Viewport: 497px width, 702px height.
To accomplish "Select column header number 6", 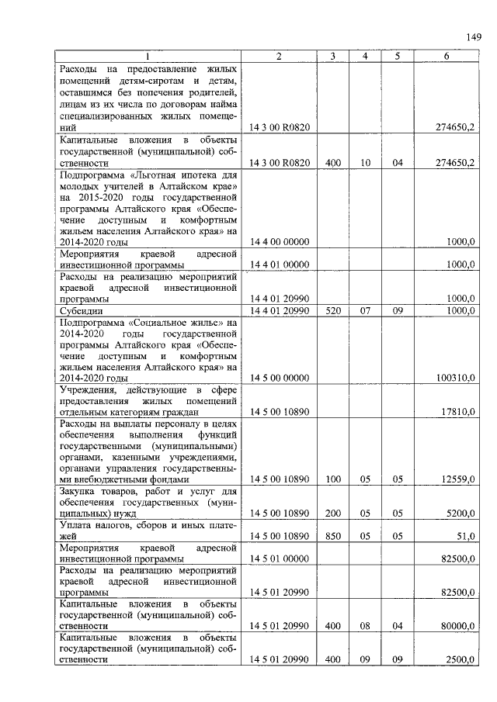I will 446,56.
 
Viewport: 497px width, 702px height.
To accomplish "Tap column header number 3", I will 332,56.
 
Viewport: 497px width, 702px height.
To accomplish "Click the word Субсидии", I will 80,310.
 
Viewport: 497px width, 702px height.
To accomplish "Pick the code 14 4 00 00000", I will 280,242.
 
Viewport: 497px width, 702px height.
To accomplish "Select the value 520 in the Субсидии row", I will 333,310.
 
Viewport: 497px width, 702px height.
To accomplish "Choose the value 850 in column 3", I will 333,536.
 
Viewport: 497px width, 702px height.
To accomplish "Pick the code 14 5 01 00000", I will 280,558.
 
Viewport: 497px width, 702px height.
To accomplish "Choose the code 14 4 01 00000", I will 280,265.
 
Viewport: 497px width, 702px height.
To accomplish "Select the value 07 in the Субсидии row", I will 365,310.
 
